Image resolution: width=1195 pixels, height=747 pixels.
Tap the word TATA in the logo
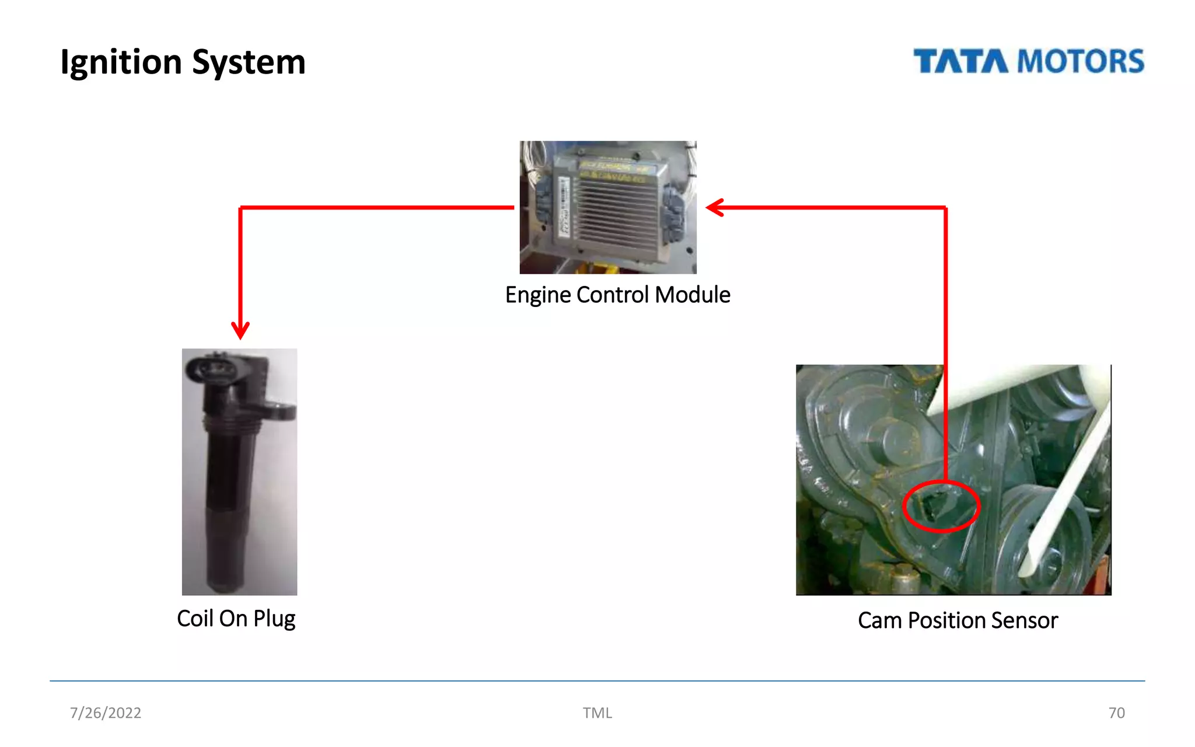pyautogui.click(x=960, y=61)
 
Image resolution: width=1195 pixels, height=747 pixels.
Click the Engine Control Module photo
pyautogui.click(x=608, y=207)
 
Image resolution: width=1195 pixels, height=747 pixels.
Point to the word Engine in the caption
pyautogui.click(x=538, y=295)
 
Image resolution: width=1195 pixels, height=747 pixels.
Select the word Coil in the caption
pyautogui.click(x=195, y=619)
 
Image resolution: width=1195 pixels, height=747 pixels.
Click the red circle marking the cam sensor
pyautogui.click(x=941, y=506)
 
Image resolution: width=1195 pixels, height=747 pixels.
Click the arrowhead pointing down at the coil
pyautogui.click(x=240, y=331)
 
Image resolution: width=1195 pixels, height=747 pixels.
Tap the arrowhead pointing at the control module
pyautogui.click(x=714, y=207)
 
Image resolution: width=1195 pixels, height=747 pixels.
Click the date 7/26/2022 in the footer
pyautogui.click(x=106, y=713)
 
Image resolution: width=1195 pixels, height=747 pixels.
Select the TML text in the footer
pyautogui.click(x=597, y=713)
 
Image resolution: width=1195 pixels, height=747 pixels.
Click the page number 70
pyautogui.click(x=1116, y=713)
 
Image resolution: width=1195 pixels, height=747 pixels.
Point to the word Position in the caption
pyautogui.click(x=945, y=620)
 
